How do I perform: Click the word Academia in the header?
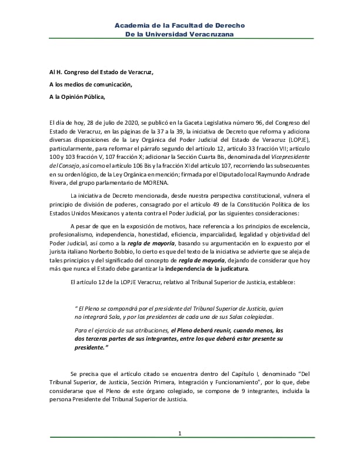tap(133, 26)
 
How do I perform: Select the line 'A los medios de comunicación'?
tap(91, 84)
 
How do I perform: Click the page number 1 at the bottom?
tap(180, 434)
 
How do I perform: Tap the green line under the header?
tap(180, 40)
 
